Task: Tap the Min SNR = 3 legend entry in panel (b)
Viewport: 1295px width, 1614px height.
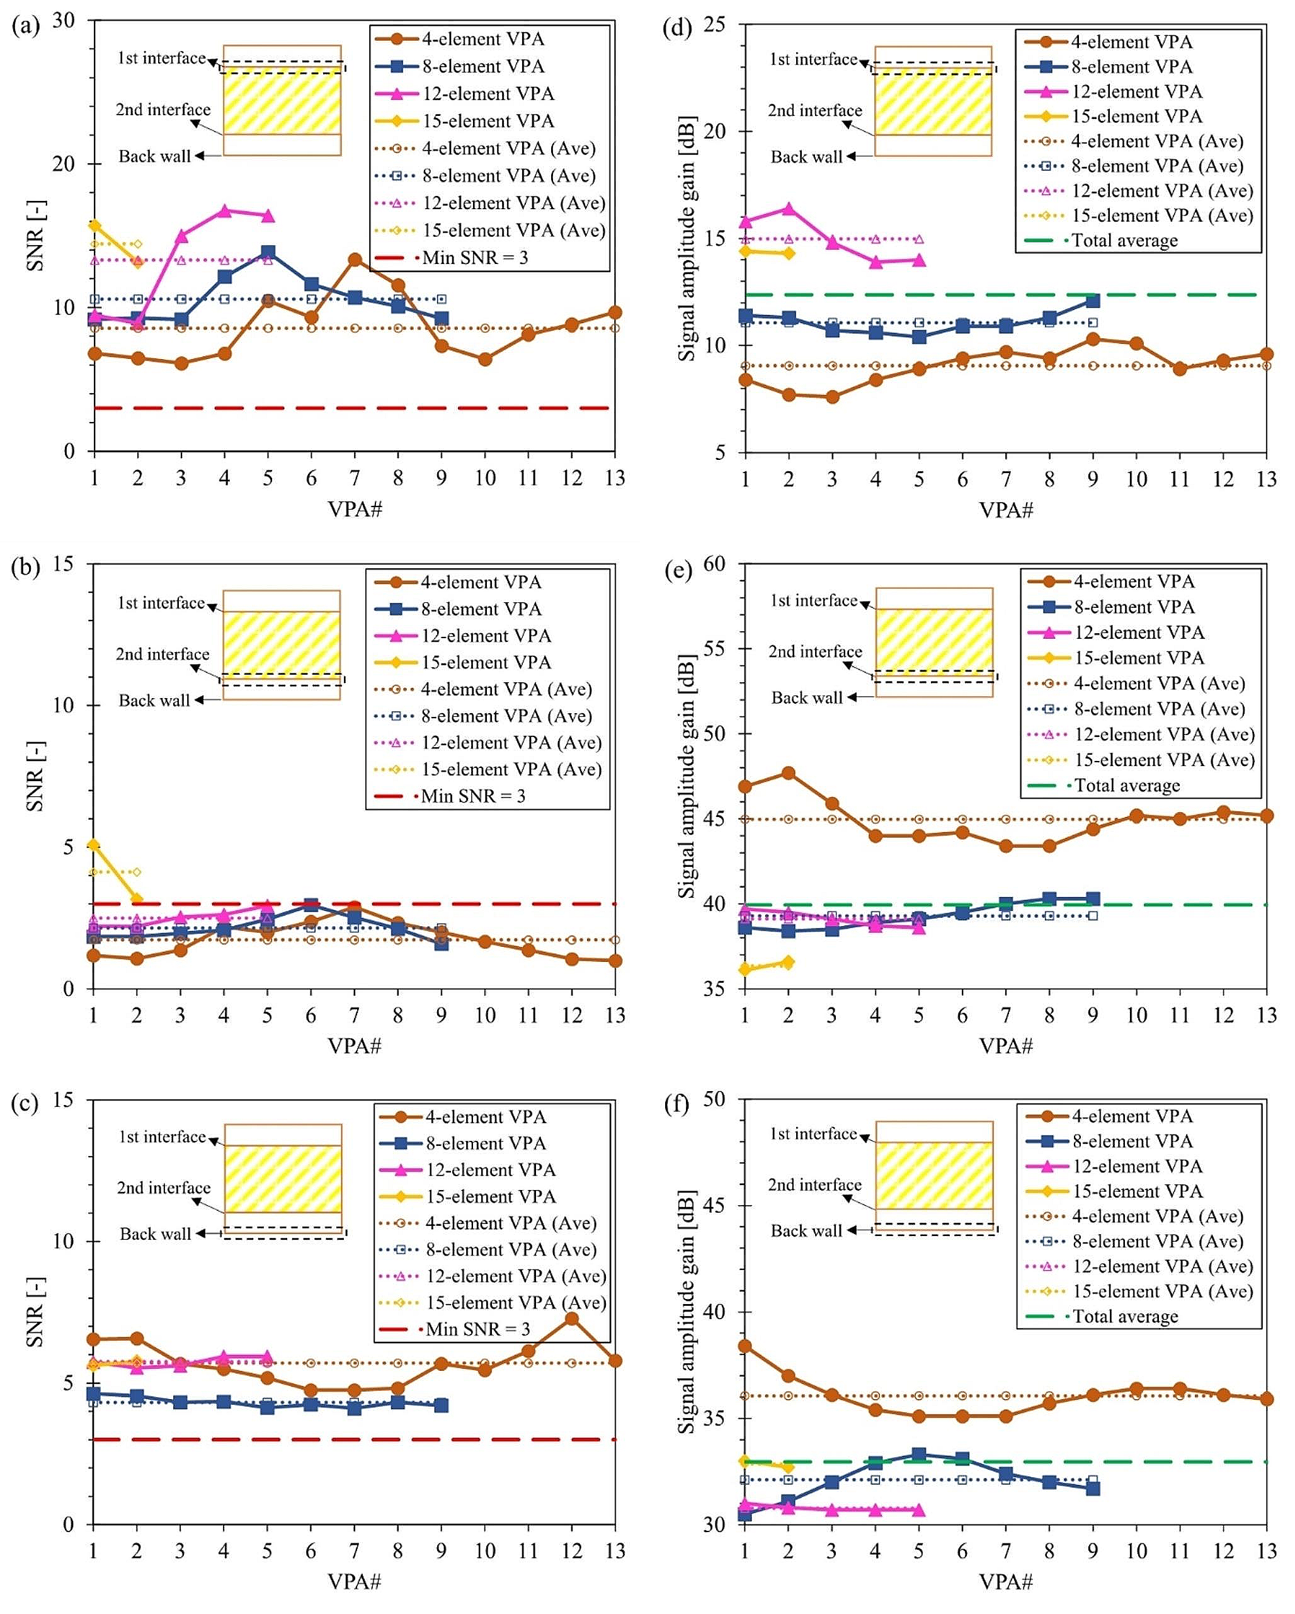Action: click(x=472, y=796)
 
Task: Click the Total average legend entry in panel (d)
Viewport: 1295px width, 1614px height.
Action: click(x=1124, y=240)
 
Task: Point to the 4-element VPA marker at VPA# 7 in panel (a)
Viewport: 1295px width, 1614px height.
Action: click(x=355, y=260)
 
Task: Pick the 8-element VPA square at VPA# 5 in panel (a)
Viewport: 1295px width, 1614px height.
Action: click(x=268, y=252)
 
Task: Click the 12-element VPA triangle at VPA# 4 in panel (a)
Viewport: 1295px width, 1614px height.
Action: click(x=225, y=211)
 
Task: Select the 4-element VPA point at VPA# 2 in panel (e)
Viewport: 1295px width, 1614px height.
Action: click(x=788, y=772)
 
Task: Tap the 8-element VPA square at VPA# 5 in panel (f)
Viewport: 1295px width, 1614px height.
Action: click(x=919, y=1455)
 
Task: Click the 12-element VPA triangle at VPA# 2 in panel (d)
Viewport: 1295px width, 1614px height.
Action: click(x=788, y=209)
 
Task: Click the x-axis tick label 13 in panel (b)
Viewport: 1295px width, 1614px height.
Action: click(x=615, y=1016)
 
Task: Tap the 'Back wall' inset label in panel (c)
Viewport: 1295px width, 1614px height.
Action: click(x=155, y=1233)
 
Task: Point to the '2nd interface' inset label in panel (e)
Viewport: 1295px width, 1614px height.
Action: click(x=814, y=651)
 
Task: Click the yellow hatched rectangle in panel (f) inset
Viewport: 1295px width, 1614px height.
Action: click(x=934, y=1174)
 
